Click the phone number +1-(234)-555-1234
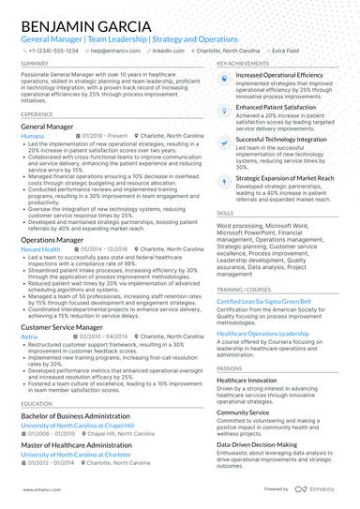coord(52,52)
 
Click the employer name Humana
coord(32,135)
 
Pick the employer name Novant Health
coord(39,249)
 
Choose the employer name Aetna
coord(29,334)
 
